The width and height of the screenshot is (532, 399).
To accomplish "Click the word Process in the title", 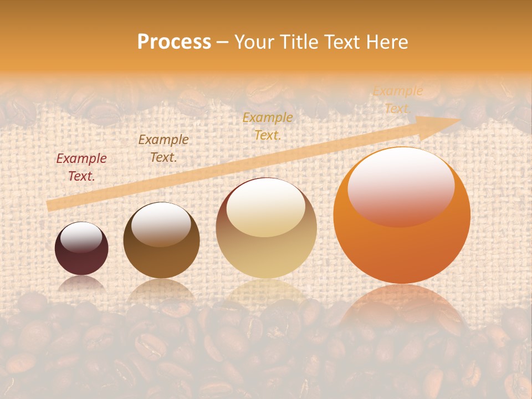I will click(x=174, y=42).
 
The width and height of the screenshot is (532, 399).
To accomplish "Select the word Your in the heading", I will click(x=254, y=42).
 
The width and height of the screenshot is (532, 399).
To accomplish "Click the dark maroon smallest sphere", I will click(x=81, y=249).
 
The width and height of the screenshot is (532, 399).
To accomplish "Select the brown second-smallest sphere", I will click(x=161, y=241).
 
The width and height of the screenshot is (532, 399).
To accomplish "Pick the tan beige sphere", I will click(x=266, y=228).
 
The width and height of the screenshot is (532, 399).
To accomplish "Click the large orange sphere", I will click(x=402, y=216).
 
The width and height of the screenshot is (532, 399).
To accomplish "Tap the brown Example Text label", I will click(x=163, y=149).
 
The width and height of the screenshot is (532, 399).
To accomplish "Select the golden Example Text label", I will click(x=268, y=126).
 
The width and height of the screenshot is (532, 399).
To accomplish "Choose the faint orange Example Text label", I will click(x=397, y=100).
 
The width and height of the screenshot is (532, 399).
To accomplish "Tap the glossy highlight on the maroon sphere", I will click(x=81, y=238).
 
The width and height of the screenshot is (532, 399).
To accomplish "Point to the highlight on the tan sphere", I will click(x=266, y=207).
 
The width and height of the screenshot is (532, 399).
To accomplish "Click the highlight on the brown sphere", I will click(x=161, y=223).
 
